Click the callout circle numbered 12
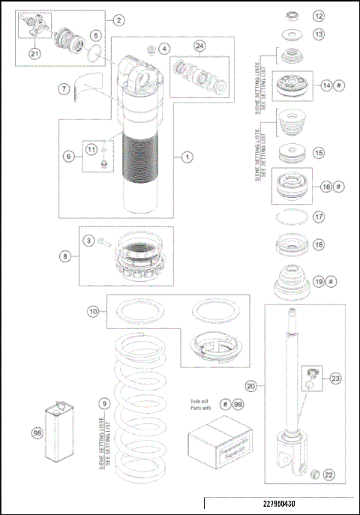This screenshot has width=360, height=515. [x=319, y=15]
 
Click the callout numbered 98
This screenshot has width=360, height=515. [x=36, y=433]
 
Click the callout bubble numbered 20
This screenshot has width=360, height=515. [x=251, y=387]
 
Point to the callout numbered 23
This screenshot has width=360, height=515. [x=334, y=378]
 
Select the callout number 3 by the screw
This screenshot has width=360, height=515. [x=88, y=241]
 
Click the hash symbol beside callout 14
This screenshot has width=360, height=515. [x=339, y=85]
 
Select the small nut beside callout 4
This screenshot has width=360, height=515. [x=150, y=50]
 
